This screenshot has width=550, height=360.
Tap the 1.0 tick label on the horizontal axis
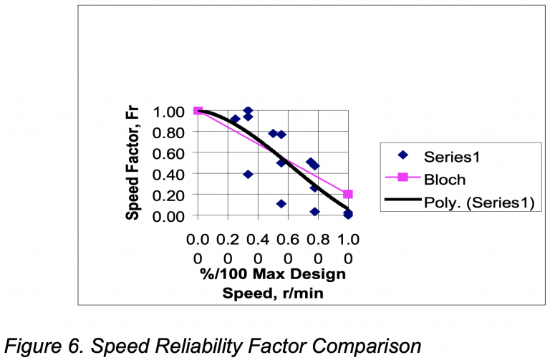(348, 248)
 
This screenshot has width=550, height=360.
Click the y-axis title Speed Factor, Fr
(132, 163)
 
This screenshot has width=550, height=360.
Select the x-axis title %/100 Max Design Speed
(273, 283)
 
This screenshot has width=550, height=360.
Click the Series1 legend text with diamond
(448, 155)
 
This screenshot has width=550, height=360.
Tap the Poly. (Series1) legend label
(478, 203)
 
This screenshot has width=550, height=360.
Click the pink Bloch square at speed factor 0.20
(348, 194)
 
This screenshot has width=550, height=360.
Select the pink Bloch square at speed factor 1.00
(198, 111)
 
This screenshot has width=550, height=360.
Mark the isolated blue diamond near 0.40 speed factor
(248, 174)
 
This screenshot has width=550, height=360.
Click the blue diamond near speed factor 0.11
(281, 203)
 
